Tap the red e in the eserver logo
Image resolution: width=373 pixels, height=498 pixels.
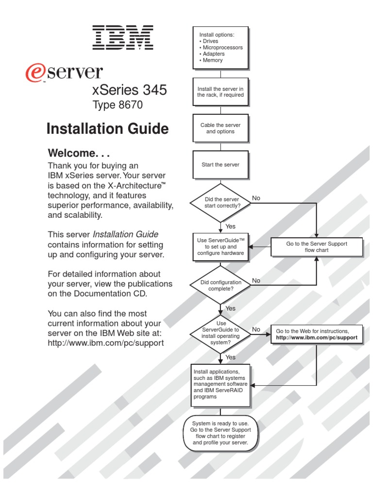coord(34,73)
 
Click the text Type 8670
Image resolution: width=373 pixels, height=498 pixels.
coord(118,105)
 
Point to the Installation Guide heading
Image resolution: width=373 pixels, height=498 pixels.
coord(107,129)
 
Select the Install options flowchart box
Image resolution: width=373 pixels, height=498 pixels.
coord(220,48)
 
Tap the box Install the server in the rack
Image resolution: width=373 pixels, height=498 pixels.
coord(220,92)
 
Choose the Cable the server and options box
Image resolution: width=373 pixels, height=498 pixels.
coord(220,128)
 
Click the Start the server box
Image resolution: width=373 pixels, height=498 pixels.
coord(220,164)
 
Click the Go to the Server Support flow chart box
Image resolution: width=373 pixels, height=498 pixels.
coord(317,247)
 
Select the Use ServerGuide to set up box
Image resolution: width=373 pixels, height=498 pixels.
coord(220,247)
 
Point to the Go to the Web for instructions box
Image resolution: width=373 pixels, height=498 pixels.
coord(317,334)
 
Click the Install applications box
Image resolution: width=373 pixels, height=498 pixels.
coord(220,385)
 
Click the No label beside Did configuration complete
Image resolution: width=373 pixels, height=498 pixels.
coord(256,281)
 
